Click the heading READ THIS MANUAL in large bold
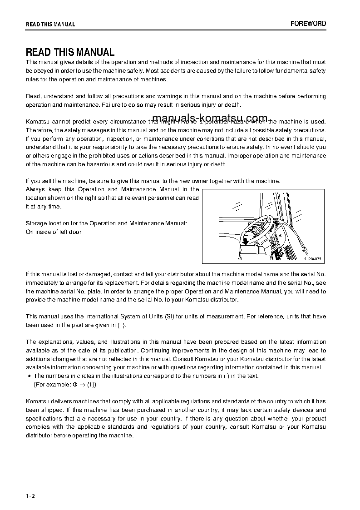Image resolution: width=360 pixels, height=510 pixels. tap(70, 52)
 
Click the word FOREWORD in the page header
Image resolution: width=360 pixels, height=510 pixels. tap(308, 24)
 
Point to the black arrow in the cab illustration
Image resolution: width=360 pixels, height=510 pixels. tap(246, 241)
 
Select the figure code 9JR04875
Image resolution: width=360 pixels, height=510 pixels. tap(312, 259)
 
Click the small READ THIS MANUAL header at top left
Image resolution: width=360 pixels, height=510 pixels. tap(50, 25)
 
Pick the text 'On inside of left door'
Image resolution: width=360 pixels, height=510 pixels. tap(54, 232)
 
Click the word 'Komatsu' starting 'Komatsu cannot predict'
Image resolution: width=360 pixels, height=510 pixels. tap(37, 122)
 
